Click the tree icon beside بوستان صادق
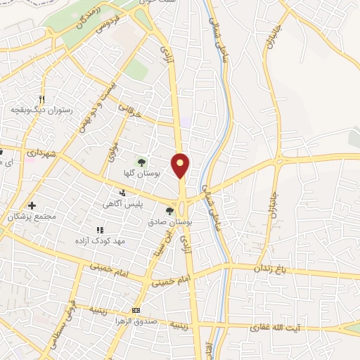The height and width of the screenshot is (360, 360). (x=169, y=210)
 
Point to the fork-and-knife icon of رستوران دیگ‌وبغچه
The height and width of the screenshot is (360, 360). (x=41, y=99)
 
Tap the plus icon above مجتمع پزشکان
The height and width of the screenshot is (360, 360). (x=32, y=205)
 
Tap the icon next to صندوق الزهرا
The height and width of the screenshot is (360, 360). (x=136, y=311)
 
